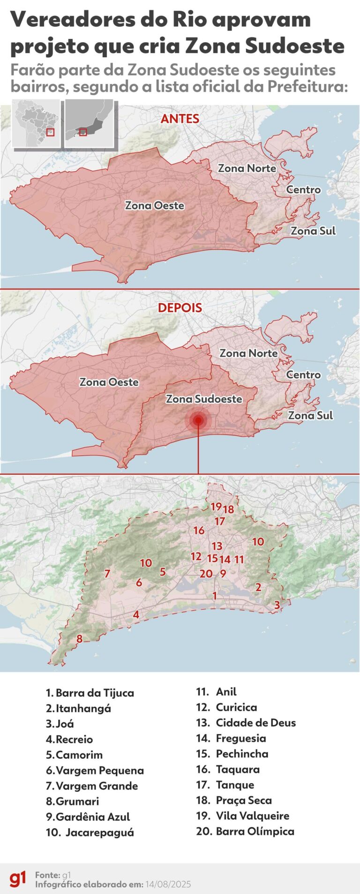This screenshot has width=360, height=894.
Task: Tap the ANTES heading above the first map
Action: point(180,119)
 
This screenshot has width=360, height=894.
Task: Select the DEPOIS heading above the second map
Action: point(180,308)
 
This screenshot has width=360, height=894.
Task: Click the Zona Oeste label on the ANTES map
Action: point(154,205)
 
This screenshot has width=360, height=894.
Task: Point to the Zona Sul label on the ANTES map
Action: point(313,231)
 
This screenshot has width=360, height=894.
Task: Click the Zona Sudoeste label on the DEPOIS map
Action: point(204,399)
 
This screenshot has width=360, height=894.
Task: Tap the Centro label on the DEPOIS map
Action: point(303,375)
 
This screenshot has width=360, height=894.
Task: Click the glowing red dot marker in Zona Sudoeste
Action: point(198,420)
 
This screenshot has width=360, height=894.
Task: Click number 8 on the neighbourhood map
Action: point(79,639)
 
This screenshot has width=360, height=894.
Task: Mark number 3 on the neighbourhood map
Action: point(277,605)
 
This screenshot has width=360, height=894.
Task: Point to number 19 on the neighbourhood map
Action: point(216,507)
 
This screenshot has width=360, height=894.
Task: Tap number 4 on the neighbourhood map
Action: point(136,614)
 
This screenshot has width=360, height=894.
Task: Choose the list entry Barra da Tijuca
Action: point(94,693)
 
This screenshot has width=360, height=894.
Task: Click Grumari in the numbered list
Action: point(77,801)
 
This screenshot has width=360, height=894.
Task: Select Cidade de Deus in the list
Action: point(255,722)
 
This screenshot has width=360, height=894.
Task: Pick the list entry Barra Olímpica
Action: point(255,831)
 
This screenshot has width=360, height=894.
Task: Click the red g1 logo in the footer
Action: point(18,879)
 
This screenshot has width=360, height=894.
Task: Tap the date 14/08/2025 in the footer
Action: point(168,884)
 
